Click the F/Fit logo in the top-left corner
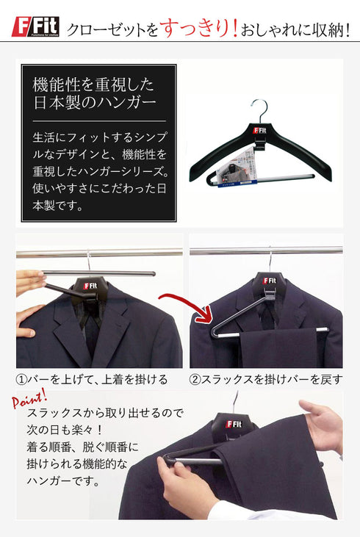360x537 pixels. click(x=35, y=27)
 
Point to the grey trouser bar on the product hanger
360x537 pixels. click(x=278, y=176)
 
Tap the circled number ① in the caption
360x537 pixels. click(x=23, y=380)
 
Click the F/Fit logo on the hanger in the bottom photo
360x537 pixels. click(x=234, y=424)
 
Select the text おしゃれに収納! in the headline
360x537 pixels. click(x=297, y=29)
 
